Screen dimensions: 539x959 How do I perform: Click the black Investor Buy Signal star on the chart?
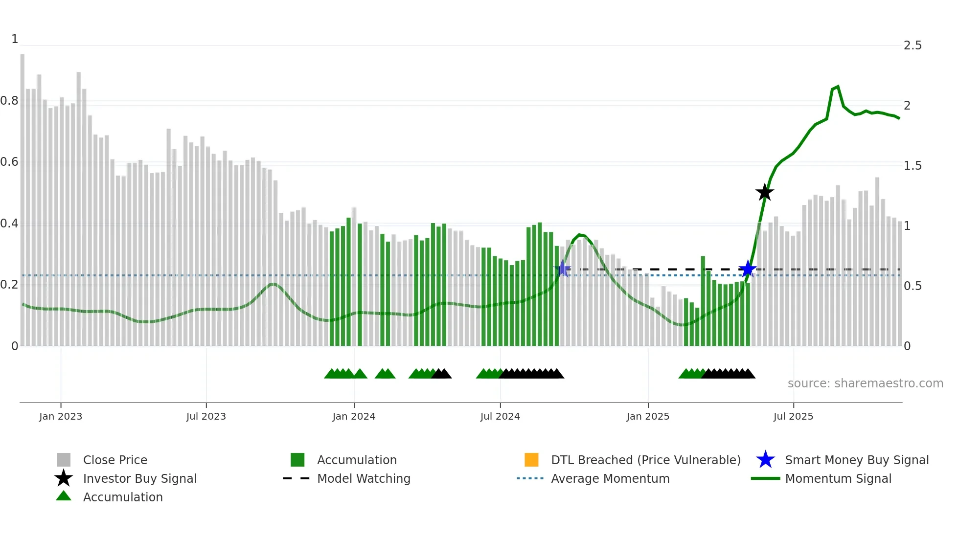point(764,192)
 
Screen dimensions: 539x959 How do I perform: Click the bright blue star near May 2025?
point(747,269)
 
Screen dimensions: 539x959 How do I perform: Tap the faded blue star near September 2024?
point(563,269)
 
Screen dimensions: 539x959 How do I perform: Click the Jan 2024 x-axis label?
point(354,416)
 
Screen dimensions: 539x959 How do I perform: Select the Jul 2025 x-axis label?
point(793,416)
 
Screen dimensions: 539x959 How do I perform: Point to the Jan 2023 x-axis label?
point(61,416)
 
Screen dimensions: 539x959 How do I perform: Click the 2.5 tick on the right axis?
point(913,45)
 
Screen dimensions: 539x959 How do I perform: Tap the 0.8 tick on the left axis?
point(9,101)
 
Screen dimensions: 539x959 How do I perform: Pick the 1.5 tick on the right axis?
point(913,166)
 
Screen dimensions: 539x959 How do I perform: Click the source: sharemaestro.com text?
point(865,383)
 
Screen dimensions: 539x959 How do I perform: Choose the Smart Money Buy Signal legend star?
point(765,460)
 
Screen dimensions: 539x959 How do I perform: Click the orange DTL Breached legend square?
point(531,460)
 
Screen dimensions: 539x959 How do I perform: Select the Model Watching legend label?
point(364,478)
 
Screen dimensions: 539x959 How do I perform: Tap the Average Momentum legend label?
point(610,478)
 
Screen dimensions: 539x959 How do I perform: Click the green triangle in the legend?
point(64,496)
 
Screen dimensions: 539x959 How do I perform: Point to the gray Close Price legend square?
point(64,460)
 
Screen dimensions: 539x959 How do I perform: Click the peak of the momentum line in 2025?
point(838,87)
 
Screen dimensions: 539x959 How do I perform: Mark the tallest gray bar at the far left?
point(23,196)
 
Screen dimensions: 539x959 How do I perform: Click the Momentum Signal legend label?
point(838,478)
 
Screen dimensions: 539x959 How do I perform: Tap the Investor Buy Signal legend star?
point(64,478)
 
